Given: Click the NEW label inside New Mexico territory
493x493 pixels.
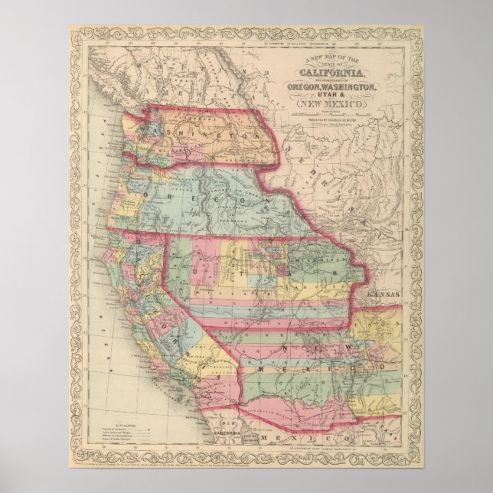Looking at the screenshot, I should click(x=295, y=348).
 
